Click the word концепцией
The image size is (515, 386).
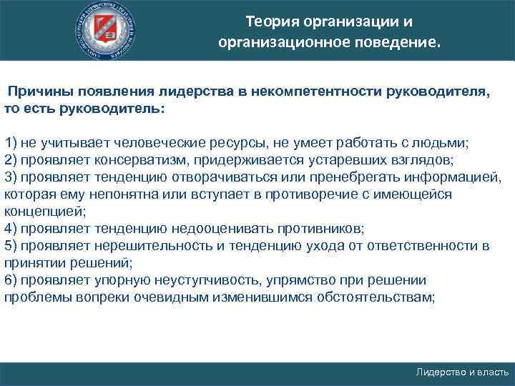tap(44, 211)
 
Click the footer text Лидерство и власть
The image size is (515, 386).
tap(462, 372)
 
